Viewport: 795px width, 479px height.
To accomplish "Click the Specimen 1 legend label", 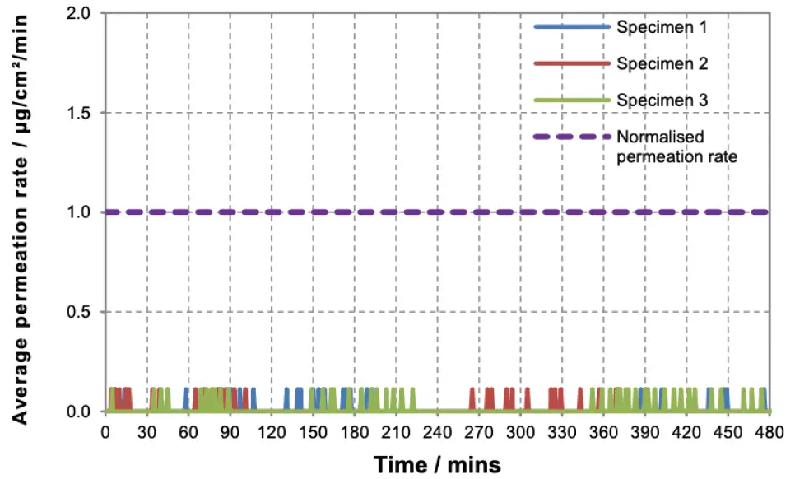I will (x=662, y=26).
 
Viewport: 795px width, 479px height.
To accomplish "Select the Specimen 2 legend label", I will (x=662, y=63).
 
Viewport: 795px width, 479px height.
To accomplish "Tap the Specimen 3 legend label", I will (x=662, y=100).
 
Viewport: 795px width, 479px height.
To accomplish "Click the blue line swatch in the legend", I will (x=572, y=26).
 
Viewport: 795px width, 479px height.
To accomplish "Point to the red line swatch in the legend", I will (x=572, y=63).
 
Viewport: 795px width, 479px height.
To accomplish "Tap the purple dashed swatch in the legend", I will (x=572, y=137).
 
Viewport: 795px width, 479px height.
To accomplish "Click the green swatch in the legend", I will (x=572, y=100).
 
